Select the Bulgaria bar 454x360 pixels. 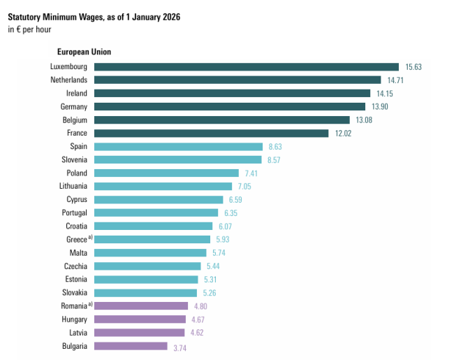tap(131, 345)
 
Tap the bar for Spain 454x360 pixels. tap(178, 146)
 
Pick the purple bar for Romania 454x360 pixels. tap(141, 305)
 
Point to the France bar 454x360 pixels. tap(211, 133)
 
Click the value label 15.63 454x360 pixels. tap(413, 67)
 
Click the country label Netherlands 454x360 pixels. tap(68, 80)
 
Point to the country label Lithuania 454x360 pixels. tap(73, 186)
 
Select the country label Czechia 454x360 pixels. tap(75, 266)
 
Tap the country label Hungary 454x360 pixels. tap(73, 319)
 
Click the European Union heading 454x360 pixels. tap(84, 52)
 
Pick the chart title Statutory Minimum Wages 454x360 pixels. tap(94, 16)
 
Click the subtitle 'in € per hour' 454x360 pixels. tap(30, 29)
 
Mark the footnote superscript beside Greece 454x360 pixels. tap(90, 238)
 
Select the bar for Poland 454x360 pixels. tap(166, 173)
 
